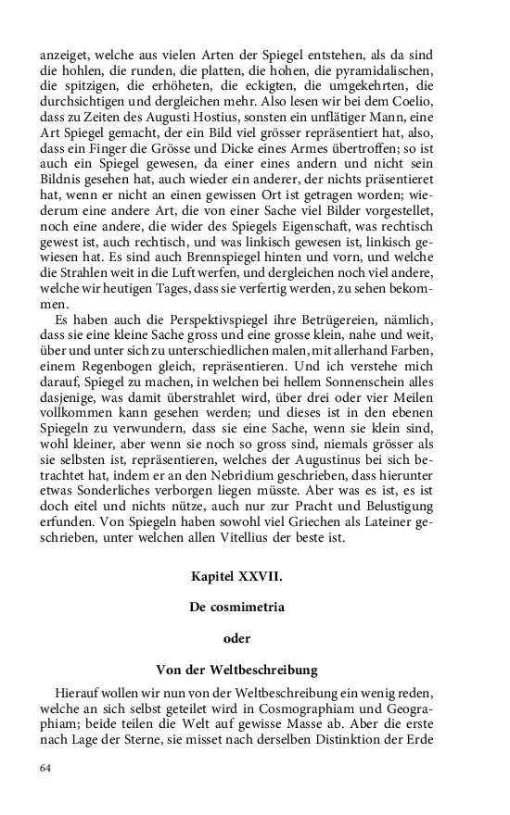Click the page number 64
[45, 768]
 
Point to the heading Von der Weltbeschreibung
[236, 669]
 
